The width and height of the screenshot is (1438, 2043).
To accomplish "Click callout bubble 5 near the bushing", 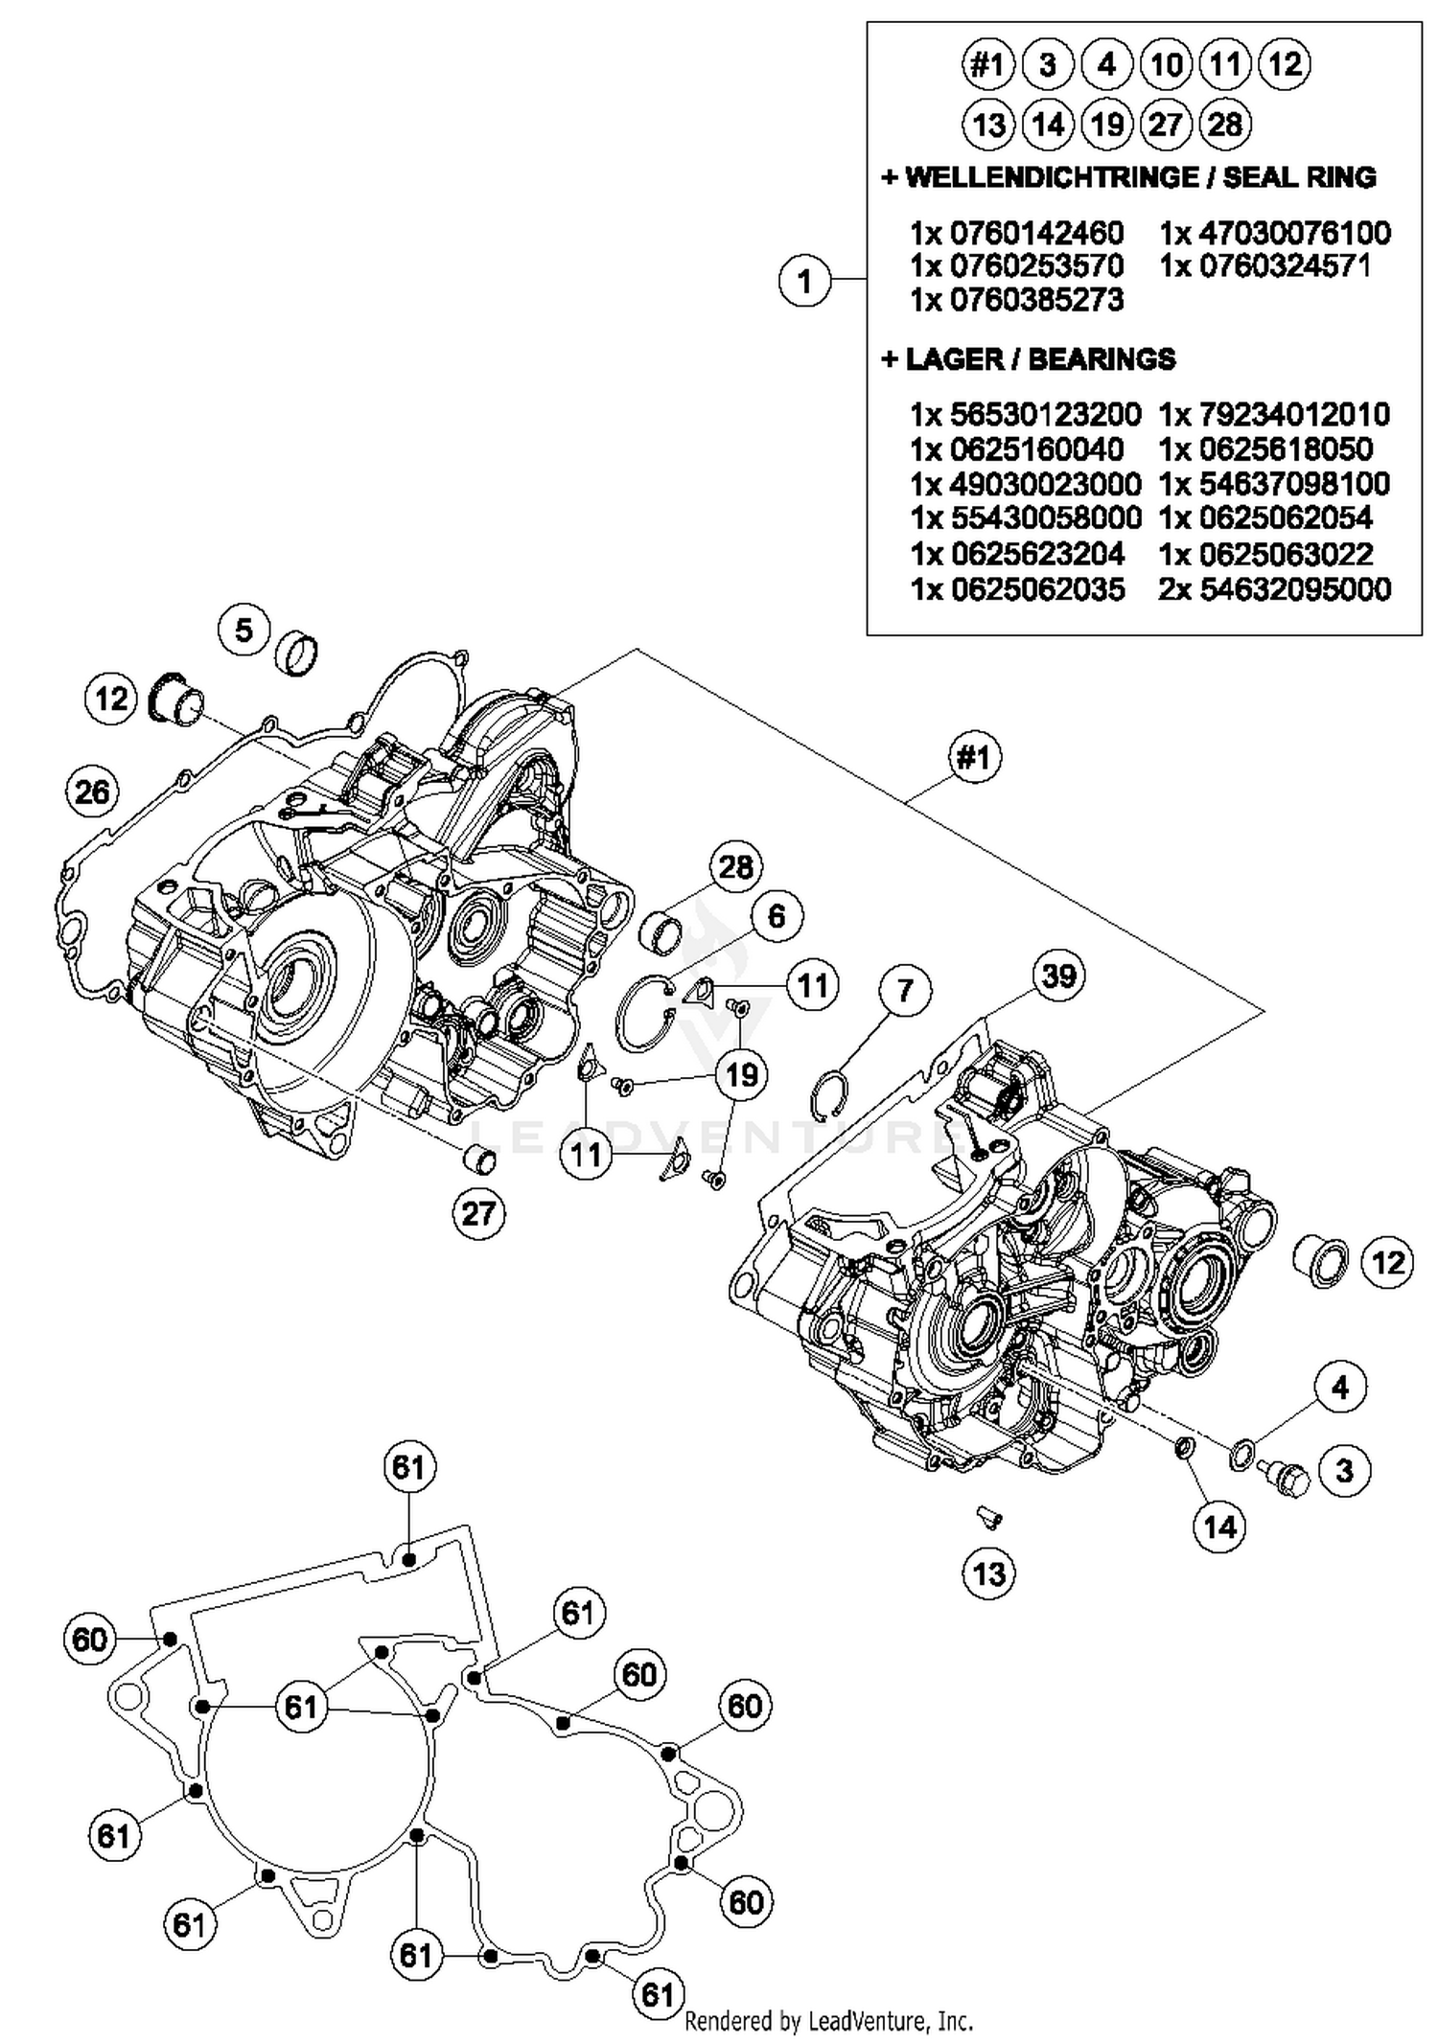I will [x=244, y=631].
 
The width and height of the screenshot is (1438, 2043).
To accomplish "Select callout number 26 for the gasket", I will [x=93, y=792].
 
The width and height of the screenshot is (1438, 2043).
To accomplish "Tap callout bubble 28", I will [x=735, y=867].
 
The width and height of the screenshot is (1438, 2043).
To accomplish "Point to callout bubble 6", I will [x=776, y=916].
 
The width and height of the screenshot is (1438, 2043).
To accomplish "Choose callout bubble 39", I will [x=1058, y=976].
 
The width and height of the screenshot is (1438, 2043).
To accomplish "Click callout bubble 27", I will [x=478, y=1214].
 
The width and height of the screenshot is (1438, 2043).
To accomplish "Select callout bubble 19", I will [x=742, y=1075].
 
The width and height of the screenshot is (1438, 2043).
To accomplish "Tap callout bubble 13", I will [x=988, y=1573].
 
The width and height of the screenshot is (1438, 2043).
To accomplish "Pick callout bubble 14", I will [x=1219, y=1527].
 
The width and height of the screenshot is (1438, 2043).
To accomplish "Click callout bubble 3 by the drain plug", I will [x=1344, y=1470].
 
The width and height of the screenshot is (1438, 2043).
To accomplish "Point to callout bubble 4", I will [x=1339, y=1388].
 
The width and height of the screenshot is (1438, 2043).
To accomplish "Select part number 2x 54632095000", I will [x=1274, y=588].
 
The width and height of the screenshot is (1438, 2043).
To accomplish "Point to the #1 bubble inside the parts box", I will [x=987, y=65].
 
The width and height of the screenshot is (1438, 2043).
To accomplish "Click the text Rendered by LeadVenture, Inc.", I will [x=828, y=2022].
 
